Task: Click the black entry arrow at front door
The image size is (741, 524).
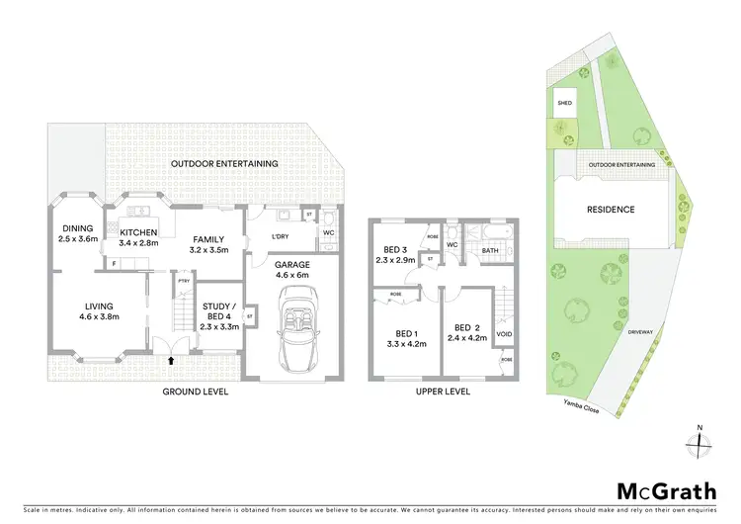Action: click(172, 362)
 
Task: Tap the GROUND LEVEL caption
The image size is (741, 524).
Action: click(195, 393)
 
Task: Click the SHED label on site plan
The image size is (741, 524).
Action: click(565, 103)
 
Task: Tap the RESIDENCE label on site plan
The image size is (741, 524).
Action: click(611, 210)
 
